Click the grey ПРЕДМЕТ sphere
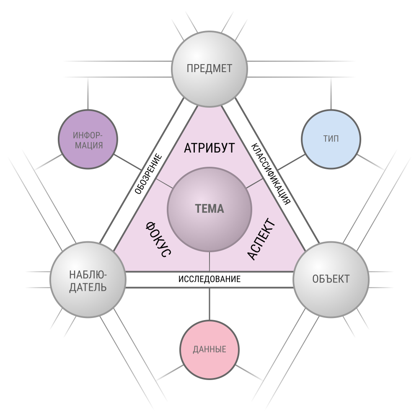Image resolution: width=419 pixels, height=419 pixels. pos(209,69)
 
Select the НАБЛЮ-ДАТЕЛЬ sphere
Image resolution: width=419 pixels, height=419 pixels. pos(88,279)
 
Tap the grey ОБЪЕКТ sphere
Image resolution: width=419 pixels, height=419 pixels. pos(331,279)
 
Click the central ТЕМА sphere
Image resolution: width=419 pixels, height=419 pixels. pos(209,209)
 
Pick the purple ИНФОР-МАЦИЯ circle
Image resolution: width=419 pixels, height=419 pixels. pos(88,139)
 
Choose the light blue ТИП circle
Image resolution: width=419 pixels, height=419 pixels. pos(331,139)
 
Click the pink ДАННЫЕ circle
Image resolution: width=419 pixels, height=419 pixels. pos(209,349)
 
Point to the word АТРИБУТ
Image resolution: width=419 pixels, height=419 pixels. pos(209,148)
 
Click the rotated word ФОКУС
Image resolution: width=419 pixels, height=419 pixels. pos(158,239)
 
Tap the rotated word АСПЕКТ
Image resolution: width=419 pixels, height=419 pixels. pos(261,239)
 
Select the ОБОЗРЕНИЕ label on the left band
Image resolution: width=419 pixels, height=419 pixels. pos(148,174)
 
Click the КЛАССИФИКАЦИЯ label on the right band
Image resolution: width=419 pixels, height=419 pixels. pos(270,174)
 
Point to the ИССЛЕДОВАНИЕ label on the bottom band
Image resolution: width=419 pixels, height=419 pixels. pos(209,279)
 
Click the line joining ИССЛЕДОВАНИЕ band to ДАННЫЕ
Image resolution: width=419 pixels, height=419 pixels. pos(209,304)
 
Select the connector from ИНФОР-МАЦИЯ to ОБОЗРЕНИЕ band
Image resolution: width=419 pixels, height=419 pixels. pos(128,162)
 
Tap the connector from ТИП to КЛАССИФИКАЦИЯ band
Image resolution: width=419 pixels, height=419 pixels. pos(291,162)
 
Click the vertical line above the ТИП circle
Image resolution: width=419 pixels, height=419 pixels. pos(331,93)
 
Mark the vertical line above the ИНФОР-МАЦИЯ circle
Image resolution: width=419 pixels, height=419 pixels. pos(88,93)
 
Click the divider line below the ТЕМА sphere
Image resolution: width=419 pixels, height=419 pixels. pos(209,261)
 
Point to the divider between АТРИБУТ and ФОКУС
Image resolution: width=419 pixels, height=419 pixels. pos(164,184)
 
